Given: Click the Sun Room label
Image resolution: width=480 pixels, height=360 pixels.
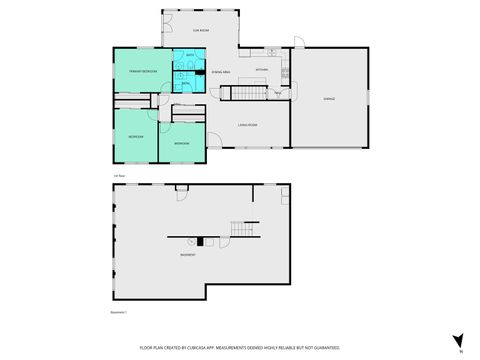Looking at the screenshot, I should (x=202, y=31).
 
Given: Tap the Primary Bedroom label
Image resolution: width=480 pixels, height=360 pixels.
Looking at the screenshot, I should (x=143, y=72).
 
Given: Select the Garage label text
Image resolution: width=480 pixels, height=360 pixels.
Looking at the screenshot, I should (x=328, y=99).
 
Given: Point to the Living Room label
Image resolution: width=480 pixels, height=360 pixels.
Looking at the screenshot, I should (x=248, y=124).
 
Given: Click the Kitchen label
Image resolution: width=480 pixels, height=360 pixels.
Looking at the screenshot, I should (x=261, y=69).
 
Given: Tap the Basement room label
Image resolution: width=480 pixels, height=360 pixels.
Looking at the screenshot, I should (x=187, y=255).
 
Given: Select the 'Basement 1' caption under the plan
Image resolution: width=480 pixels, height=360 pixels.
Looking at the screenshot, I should (x=119, y=312).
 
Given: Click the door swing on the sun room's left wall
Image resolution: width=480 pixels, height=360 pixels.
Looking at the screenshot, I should (x=167, y=21).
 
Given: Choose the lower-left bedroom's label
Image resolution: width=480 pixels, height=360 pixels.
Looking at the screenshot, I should (x=135, y=136).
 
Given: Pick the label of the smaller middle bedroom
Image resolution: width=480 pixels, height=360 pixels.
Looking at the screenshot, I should (x=181, y=144).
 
